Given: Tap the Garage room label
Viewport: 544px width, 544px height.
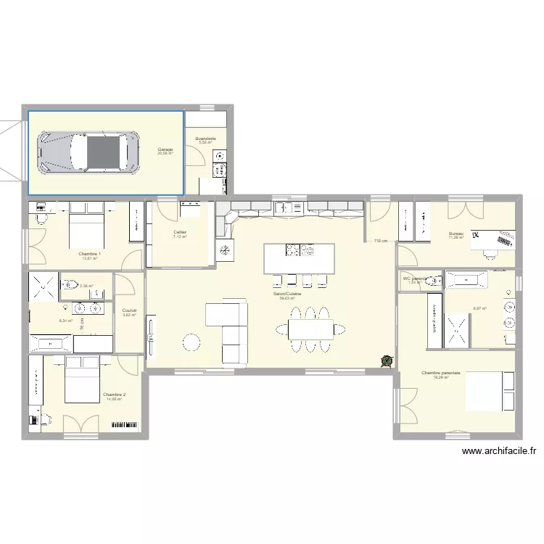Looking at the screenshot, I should pos(165,149).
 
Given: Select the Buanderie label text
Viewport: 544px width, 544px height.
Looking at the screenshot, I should pos(205,138).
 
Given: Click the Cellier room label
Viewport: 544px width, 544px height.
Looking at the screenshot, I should pos(180,232).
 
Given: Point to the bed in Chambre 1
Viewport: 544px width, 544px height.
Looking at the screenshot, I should pos(88,231).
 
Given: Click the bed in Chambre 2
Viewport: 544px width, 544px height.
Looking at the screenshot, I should pos(82,379).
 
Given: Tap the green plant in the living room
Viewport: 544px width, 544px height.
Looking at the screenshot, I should pos(387,360).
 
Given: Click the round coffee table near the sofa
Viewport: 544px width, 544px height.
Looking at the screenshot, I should pos(191,342).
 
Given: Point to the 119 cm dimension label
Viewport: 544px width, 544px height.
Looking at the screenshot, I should pos(380,241).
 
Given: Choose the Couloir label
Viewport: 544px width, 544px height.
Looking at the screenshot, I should pos(130,310).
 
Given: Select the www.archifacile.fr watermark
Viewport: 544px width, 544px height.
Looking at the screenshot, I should pos(501,451).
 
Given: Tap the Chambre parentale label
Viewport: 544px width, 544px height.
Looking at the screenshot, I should pos(441,373).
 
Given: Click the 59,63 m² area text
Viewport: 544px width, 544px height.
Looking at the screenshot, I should pos(287,298).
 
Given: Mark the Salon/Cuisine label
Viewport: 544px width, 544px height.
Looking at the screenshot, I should pos(287,294).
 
